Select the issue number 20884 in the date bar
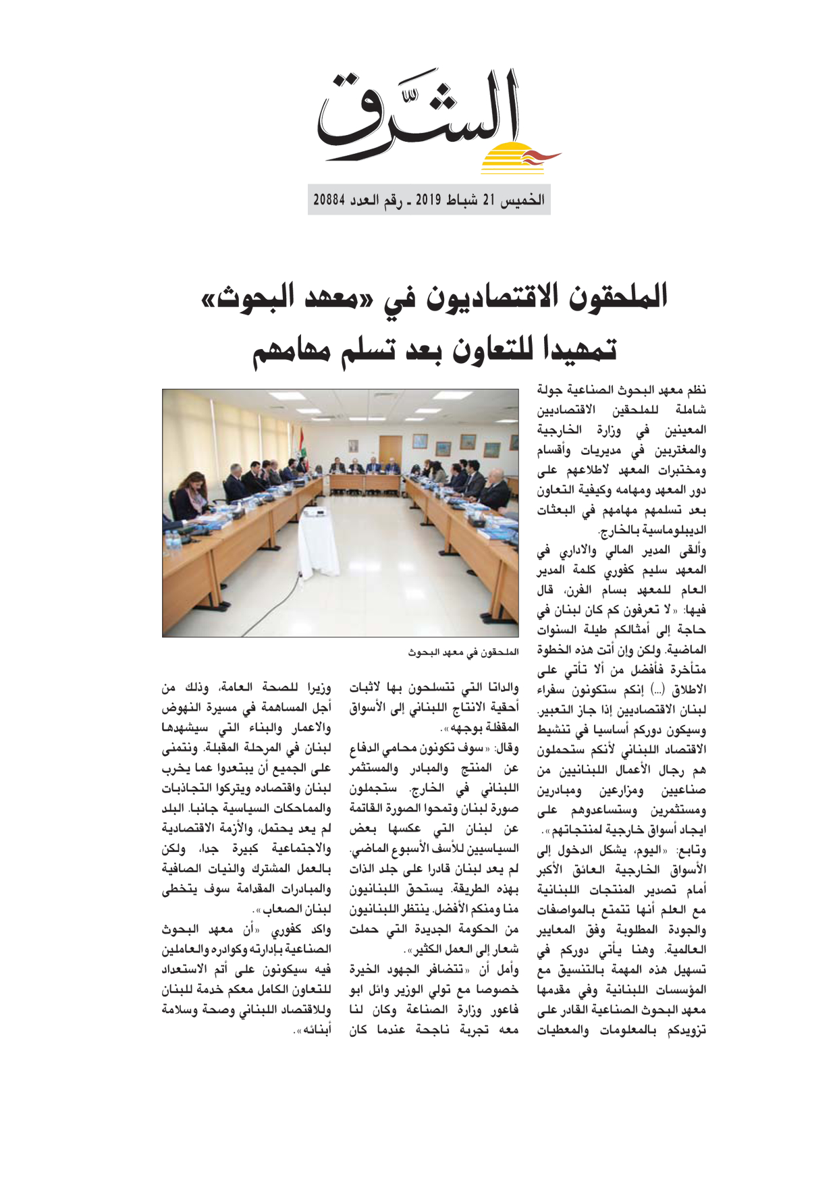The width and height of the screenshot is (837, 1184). (x=329, y=200)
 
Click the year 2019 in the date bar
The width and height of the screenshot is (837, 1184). (x=427, y=200)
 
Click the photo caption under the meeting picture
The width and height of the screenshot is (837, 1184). (x=463, y=653)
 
